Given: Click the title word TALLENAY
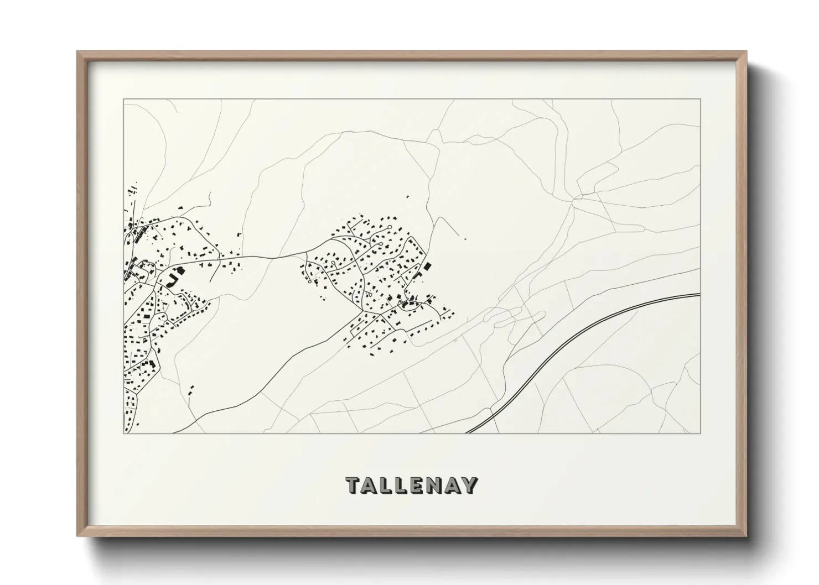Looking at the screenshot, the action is click(411, 485).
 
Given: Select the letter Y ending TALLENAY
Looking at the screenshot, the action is click(470, 485).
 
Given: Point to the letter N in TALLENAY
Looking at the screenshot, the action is click(436, 485).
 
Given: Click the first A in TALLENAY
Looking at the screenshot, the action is click(369, 485).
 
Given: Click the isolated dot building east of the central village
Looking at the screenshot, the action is click(465, 239).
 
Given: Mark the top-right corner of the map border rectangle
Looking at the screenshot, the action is click(701, 100).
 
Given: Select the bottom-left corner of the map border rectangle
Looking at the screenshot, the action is click(123, 433).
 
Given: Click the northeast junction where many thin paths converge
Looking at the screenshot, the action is click(579, 197).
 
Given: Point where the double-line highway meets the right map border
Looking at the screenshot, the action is click(700, 295).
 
